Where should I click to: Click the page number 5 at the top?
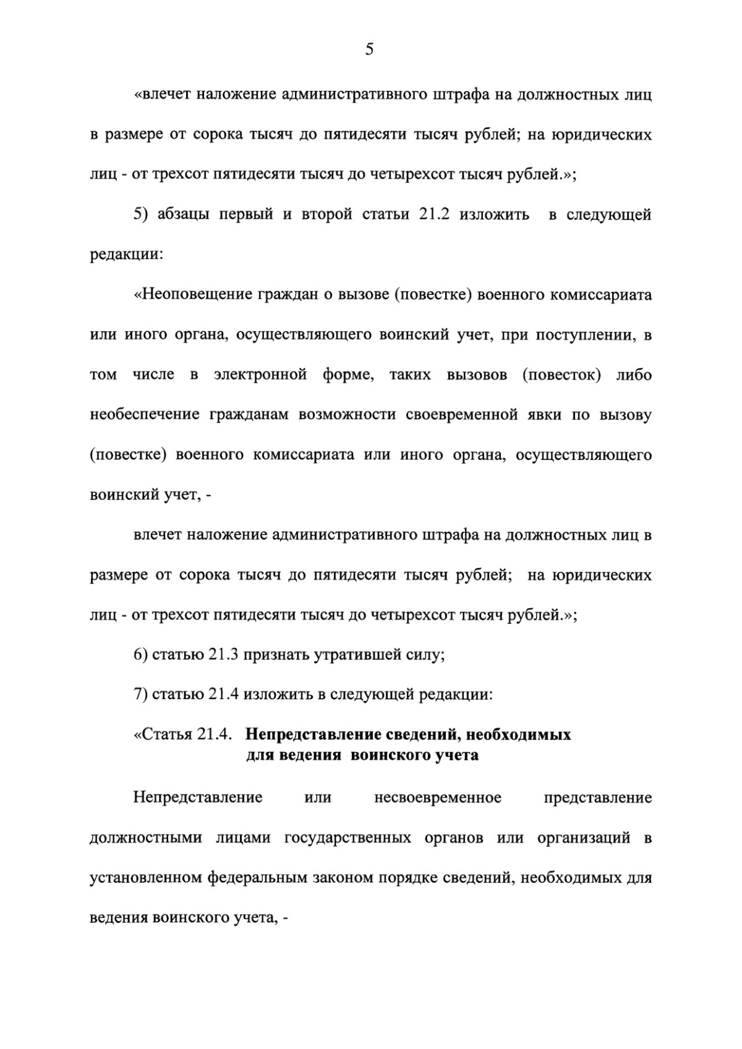click(369, 50)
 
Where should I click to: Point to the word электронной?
click(260, 375)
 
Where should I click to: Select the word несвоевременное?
click(438, 798)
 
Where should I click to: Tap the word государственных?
click(348, 838)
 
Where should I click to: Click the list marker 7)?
click(140, 695)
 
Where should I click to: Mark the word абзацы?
click(185, 215)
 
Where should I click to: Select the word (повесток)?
click(561, 375)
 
